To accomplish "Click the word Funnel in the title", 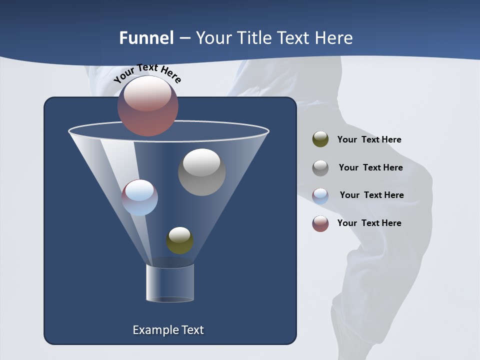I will [x=146, y=38].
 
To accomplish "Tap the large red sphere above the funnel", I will [x=148, y=105].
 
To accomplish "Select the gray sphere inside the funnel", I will [x=201, y=172].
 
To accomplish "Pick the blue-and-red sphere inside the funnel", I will [x=140, y=197].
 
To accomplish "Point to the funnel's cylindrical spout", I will [x=169, y=283].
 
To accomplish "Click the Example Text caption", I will [x=168, y=330].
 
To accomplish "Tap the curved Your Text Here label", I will [x=147, y=73].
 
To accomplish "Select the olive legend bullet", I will [x=320, y=139].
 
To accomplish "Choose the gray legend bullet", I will [x=320, y=167].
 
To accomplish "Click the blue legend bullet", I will [x=320, y=195].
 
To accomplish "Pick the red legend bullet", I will [x=320, y=223].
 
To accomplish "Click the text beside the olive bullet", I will [x=369, y=139].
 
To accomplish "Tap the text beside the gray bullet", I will [x=370, y=167].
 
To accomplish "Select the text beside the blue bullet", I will [x=371, y=195].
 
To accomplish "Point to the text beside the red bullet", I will [x=369, y=223].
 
